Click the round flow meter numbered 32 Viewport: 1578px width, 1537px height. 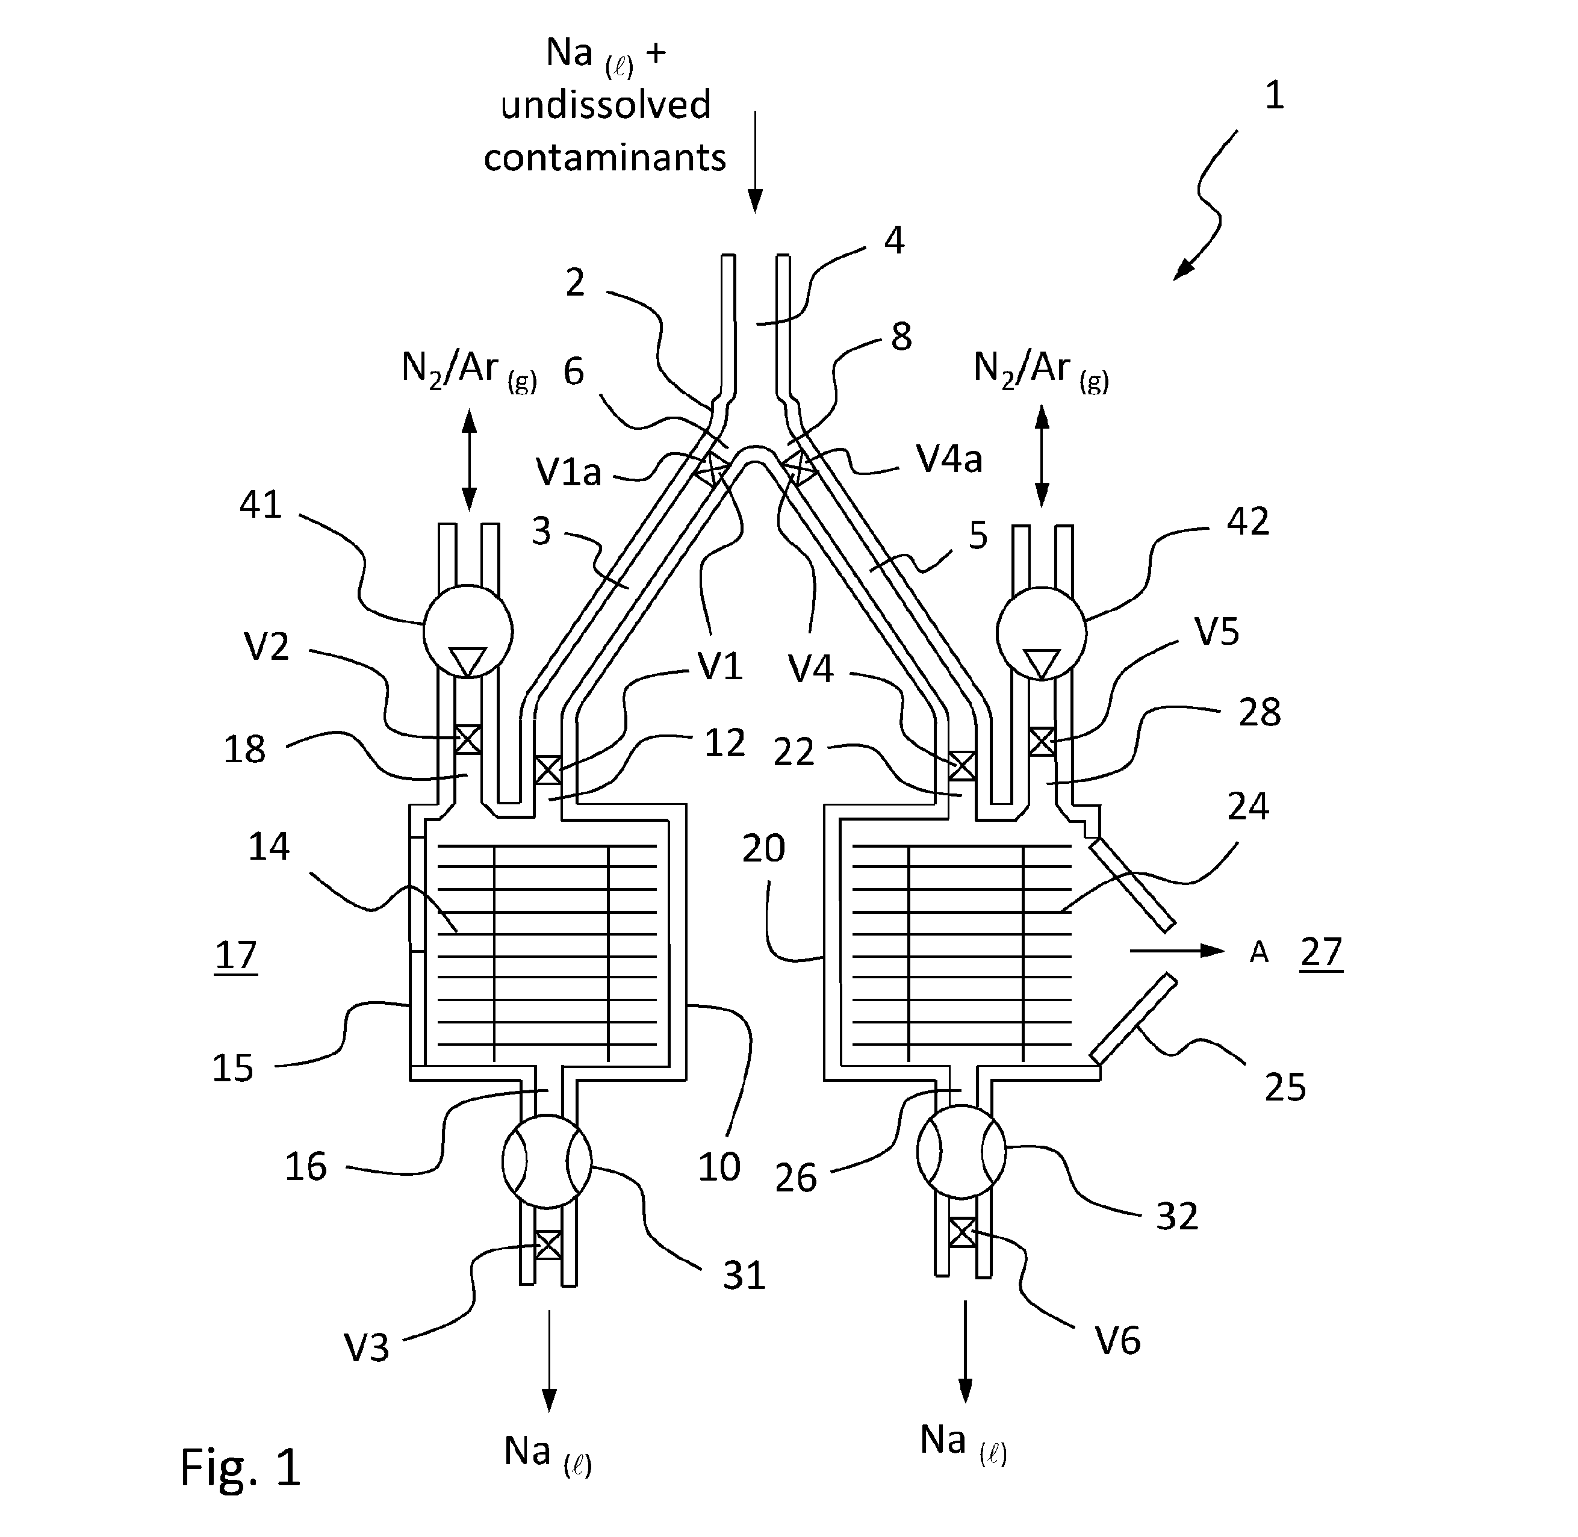point(961,1151)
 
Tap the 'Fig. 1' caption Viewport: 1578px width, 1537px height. point(241,1466)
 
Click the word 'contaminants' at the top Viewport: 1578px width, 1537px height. point(604,157)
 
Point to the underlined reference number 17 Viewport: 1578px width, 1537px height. point(235,957)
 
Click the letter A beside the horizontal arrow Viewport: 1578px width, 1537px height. point(1259,954)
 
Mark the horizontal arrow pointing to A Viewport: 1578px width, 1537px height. point(1178,951)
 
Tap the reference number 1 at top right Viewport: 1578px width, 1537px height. point(1274,96)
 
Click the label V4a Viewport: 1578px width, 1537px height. point(949,459)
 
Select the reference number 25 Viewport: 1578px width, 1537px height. point(1285,1087)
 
